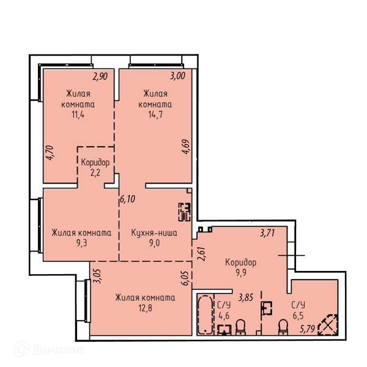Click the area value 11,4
(78, 115)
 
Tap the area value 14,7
(155, 115)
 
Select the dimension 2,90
(100, 76)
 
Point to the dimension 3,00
(177, 76)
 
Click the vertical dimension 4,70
(50, 153)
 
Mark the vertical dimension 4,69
(186, 147)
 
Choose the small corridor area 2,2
(95, 172)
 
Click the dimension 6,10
(128, 199)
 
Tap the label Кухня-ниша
(154, 232)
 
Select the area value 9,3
(82, 243)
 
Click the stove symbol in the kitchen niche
(185, 212)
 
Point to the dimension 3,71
(267, 233)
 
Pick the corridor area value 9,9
(241, 273)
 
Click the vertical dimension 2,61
(201, 254)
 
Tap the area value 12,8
(146, 308)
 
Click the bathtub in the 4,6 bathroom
(206, 315)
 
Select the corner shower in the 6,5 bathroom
(328, 325)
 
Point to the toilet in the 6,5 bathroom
(283, 327)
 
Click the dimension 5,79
(307, 329)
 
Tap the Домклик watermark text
(59, 350)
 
